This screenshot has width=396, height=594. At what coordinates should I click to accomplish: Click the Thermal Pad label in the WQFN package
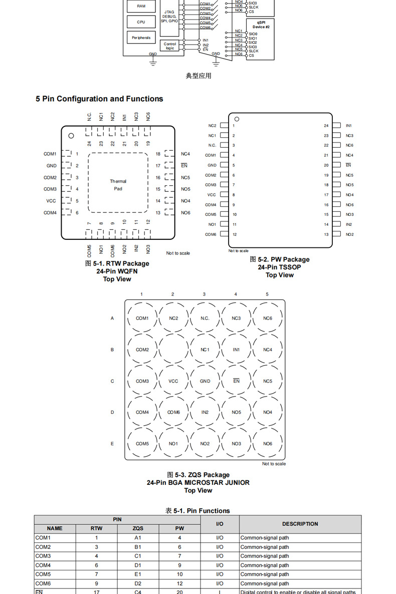(x=118, y=185)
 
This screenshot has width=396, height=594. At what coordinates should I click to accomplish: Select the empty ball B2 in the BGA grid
(x=173, y=350)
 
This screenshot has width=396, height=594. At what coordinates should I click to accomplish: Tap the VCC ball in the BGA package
(x=173, y=381)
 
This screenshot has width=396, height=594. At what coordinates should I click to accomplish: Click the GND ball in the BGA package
(x=205, y=381)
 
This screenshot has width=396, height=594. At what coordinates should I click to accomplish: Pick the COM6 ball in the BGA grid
(x=173, y=412)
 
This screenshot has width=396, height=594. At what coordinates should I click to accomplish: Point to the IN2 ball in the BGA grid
(x=205, y=412)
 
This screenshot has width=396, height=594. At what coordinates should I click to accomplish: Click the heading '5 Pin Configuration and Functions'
(x=99, y=99)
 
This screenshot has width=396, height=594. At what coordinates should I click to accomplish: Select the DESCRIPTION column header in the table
(x=300, y=524)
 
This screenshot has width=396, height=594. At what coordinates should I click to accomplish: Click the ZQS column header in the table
(x=138, y=528)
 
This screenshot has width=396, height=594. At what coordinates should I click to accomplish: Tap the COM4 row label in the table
(x=43, y=565)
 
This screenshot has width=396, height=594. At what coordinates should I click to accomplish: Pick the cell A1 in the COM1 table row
(x=138, y=538)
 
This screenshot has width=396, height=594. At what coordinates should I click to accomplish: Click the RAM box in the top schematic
(x=141, y=6)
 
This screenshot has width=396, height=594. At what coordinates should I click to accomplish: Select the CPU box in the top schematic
(x=141, y=22)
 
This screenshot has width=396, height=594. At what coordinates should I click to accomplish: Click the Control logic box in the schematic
(x=170, y=46)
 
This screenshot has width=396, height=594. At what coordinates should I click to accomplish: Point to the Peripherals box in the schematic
(x=141, y=38)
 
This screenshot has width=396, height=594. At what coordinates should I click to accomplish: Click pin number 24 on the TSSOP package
(x=326, y=126)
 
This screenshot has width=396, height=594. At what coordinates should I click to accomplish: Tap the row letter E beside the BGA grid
(x=112, y=444)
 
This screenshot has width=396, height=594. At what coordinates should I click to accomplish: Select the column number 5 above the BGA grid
(x=267, y=294)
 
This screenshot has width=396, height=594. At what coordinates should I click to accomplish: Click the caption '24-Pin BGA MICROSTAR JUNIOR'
(x=198, y=483)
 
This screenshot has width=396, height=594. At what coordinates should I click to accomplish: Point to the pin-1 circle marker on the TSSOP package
(x=237, y=119)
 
